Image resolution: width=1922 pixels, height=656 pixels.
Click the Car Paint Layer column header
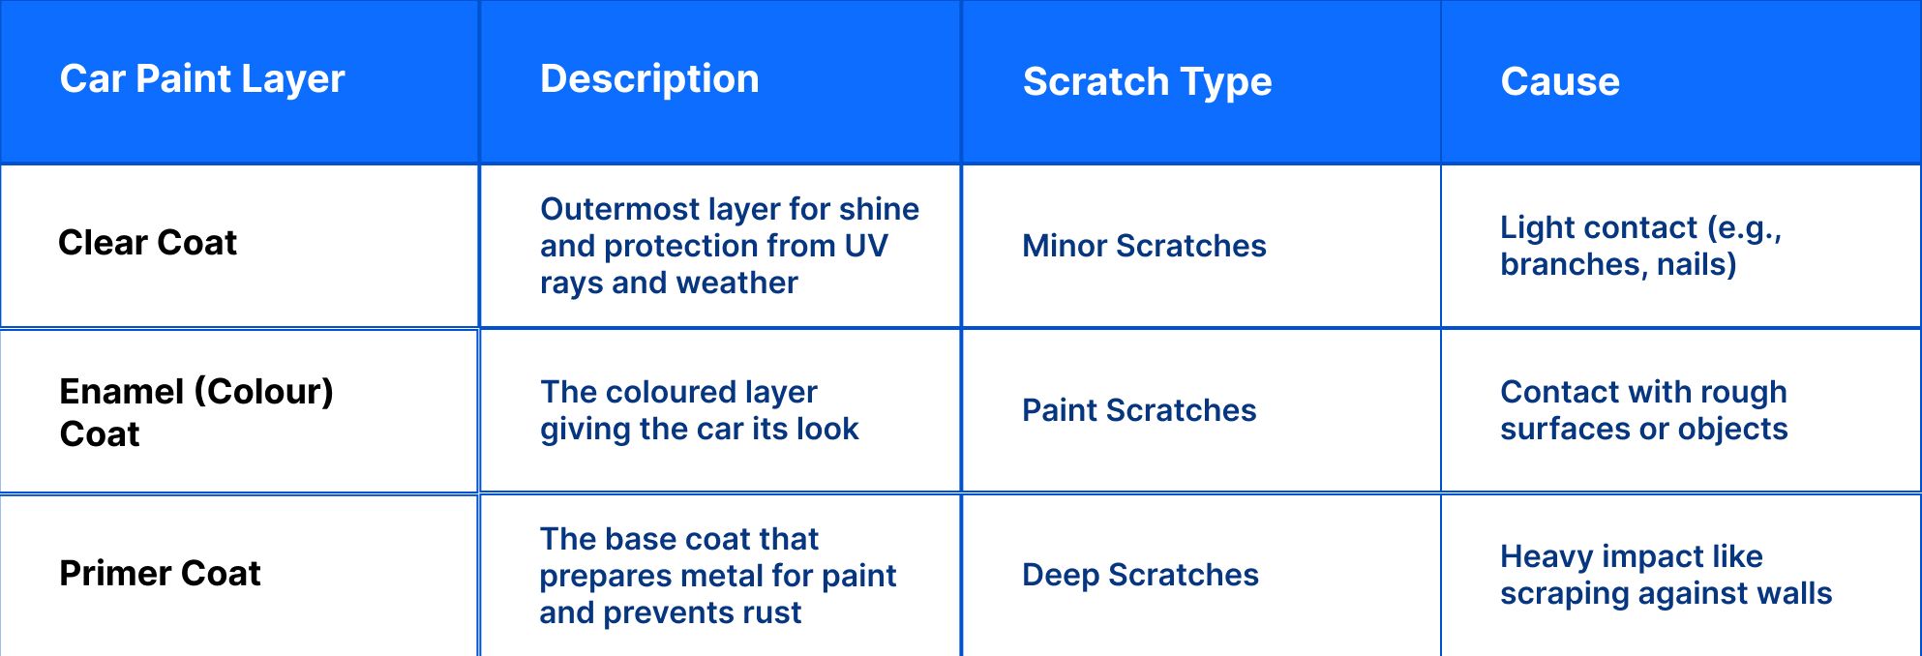click(202, 79)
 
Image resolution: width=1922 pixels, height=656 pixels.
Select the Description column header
click(649, 79)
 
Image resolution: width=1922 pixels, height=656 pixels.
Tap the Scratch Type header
click(1147, 82)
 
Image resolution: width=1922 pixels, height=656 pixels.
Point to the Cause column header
click(1559, 82)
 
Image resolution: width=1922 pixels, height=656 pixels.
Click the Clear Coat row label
click(147, 243)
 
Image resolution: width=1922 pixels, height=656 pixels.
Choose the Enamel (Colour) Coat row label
click(195, 412)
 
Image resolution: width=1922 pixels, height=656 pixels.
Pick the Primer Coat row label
click(160, 574)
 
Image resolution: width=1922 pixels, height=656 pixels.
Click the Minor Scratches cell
click(1144, 246)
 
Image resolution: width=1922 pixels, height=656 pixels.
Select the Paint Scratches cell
click(1139, 410)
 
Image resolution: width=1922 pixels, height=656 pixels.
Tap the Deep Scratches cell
click(1140, 575)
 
